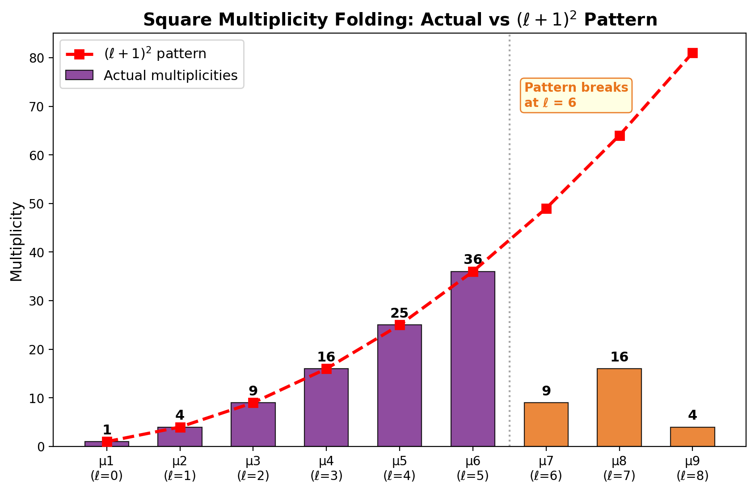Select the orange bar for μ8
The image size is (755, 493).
[x=619, y=408]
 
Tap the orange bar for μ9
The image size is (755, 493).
[x=692, y=437]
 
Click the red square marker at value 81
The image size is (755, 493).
[x=692, y=53]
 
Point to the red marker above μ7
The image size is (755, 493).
[x=546, y=208]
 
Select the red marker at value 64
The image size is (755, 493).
[x=619, y=136]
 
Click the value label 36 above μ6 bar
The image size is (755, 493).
[x=472, y=259]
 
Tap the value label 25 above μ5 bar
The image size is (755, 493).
[x=399, y=313]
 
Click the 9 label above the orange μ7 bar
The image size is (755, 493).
[x=546, y=391]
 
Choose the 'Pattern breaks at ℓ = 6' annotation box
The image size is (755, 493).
[x=576, y=95]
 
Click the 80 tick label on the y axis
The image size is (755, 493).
[x=42, y=58]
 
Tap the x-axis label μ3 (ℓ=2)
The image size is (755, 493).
[x=253, y=468]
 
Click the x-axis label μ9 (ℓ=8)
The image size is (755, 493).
[x=692, y=468]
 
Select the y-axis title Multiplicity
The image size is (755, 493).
[x=17, y=242]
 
